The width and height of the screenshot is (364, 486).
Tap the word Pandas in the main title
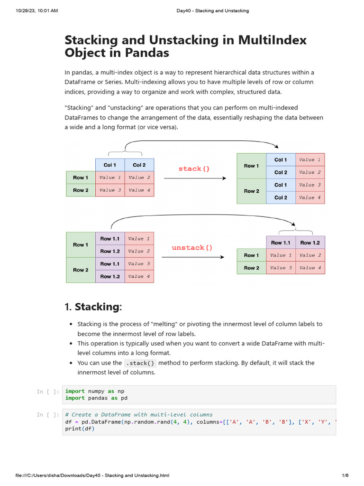(147, 53)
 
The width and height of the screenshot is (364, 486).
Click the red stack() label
(194, 168)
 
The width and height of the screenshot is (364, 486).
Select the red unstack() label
(191, 248)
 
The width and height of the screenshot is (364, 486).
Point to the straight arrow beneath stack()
(194, 178)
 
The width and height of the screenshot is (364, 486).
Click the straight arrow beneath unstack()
(192, 257)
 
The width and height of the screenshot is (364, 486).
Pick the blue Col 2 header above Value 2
(139, 165)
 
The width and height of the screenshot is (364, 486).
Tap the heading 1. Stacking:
(93, 307)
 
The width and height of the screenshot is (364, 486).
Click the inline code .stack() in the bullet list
(140, 363)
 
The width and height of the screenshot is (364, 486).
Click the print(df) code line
(80, 429)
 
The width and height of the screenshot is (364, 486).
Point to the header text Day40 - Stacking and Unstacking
(209, 10)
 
